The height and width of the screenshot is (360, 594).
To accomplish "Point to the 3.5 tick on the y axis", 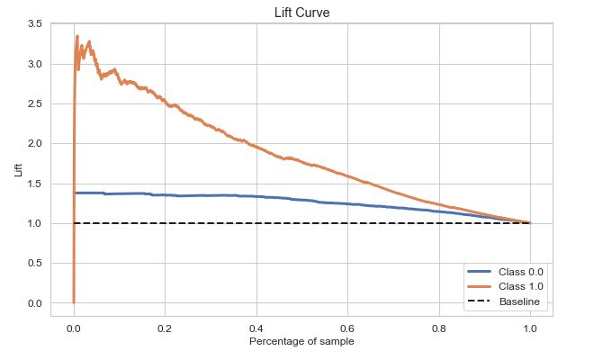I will [34, 24].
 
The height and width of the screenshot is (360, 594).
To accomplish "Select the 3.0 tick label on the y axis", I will [34, 64].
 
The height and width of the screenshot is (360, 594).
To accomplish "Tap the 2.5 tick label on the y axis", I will [34, 103].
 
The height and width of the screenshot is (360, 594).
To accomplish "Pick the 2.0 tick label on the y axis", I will [34, 144].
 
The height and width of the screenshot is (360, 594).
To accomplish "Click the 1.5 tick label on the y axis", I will [34, 184].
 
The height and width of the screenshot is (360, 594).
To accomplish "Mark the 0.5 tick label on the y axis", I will [34, 263].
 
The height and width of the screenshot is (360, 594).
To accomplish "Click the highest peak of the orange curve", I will [76, 37].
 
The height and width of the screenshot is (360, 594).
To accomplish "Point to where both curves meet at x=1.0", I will [530, 223].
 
